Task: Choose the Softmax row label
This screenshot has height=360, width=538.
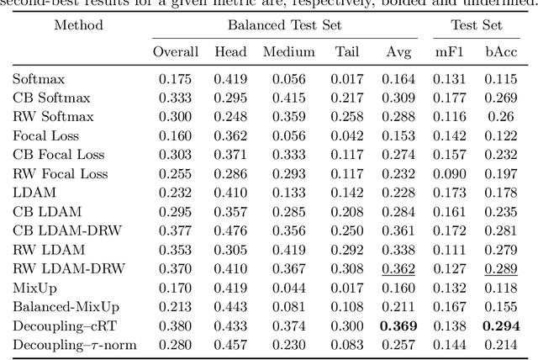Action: [38, 79]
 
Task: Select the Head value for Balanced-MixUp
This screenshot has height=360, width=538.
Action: [231, 306]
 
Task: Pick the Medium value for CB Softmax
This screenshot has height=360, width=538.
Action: [288, 98]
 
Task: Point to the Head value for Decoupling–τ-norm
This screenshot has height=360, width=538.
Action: [231, 344]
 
